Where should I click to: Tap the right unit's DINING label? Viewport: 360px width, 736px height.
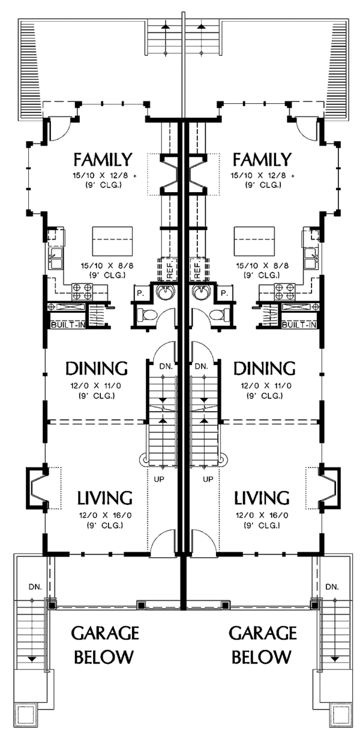(x=264, y=369)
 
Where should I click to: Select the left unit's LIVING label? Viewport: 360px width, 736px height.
(x=105, y=498)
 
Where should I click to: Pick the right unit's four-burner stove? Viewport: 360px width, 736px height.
(x=284, y=291)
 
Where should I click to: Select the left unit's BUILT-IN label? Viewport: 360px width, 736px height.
(x=68, y=325)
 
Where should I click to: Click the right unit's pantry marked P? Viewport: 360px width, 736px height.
(x=224, y=293)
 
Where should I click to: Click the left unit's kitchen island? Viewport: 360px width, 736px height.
(x=112, y=241)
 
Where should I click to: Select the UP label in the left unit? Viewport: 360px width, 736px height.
(x=159, y=480)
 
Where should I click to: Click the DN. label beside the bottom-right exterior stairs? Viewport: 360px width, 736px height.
(x=332, y=587)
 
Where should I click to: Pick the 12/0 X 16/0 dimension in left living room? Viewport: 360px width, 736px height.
(x=105, y=516)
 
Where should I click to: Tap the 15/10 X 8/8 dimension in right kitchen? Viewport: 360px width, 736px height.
(x=262, y=265)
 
